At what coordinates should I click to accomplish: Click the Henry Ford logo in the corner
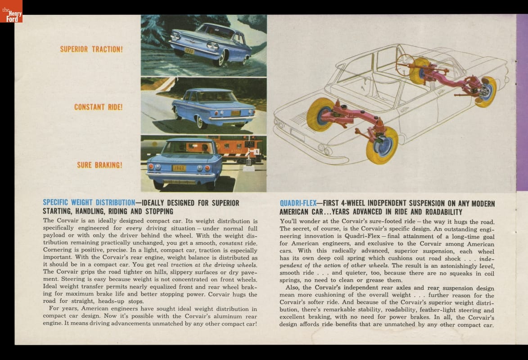pos(11,11)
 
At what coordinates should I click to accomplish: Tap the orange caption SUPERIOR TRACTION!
pos(91,49)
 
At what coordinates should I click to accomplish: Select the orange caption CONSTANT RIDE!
pos(98,107)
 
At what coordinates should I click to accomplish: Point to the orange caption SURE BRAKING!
pos(99,165)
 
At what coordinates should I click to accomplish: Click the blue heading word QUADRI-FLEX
pos(298,203)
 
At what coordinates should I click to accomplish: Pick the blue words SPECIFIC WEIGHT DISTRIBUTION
pos(89,202)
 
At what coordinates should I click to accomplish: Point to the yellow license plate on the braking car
pos(179,168)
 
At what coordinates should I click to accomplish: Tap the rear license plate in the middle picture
pos(235,113)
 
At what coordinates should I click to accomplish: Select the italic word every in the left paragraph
pos(135,229)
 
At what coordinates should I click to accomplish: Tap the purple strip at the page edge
pos(522,103)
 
